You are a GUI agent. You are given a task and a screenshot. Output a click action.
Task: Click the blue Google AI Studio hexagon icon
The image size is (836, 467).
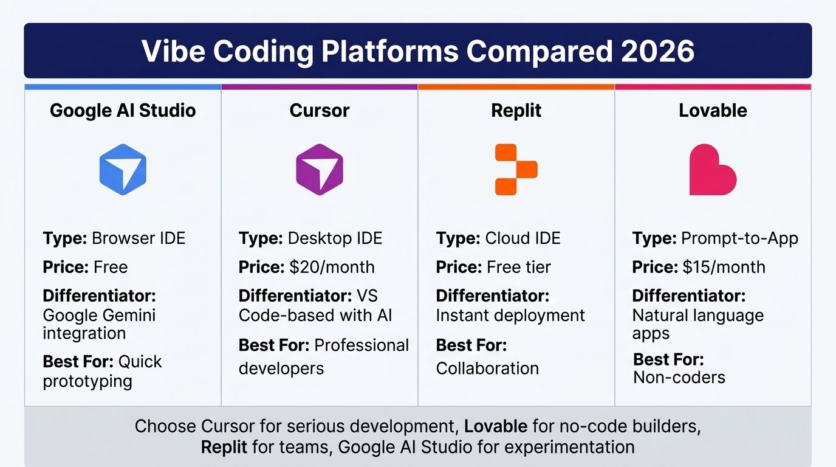[x=123, y=169]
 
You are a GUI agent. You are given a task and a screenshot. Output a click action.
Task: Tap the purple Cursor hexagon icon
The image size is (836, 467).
[x=320, y=169]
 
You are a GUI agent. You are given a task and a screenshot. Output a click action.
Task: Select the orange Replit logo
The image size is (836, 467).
[x=516, y=169]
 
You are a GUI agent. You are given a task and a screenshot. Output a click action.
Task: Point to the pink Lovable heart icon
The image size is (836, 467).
[x=712, y=170]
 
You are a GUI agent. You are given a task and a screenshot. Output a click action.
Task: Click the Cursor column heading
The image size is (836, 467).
[x=320, y=111]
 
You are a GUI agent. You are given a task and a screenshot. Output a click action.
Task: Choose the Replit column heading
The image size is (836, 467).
[x=516, y=111]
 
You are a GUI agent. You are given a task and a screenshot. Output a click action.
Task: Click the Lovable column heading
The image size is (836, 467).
[x=713, y=111]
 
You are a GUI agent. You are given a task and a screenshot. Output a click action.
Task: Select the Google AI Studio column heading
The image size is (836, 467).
[x=123, y=111]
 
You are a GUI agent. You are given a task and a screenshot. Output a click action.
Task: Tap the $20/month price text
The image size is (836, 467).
[x=332, y=267]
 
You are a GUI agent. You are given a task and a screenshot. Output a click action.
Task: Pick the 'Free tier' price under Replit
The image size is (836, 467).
[x=519, y=267]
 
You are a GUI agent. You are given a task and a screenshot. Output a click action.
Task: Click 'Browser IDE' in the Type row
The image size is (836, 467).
[x=139, y=238]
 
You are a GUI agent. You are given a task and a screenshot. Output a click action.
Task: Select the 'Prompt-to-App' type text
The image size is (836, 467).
[x=739, y=238]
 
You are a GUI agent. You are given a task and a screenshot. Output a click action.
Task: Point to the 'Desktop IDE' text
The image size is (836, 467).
[x=335, y=238]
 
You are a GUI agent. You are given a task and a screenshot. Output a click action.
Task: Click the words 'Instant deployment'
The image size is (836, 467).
[x=510, y=315]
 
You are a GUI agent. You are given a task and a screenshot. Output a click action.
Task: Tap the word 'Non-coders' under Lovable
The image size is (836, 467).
[x=679, y=377]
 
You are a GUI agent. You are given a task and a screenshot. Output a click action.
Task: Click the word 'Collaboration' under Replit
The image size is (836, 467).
[x=487, y=368]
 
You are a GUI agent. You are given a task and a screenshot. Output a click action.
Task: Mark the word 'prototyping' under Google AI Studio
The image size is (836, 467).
[x=87, y=381]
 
